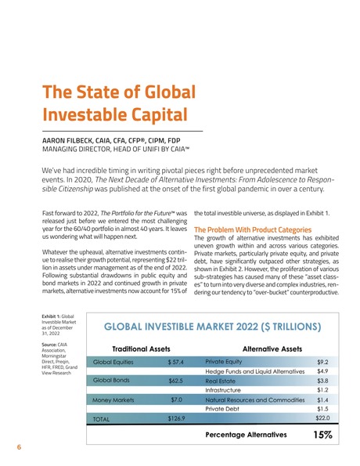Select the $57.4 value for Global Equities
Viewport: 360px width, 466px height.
[175, 363]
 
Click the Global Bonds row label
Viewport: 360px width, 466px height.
[113, 381]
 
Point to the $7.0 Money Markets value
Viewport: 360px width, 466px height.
[177, 399]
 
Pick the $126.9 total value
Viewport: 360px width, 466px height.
[177, 419]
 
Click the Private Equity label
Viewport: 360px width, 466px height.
[223, 362]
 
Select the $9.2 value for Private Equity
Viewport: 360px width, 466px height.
[322, 362]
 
